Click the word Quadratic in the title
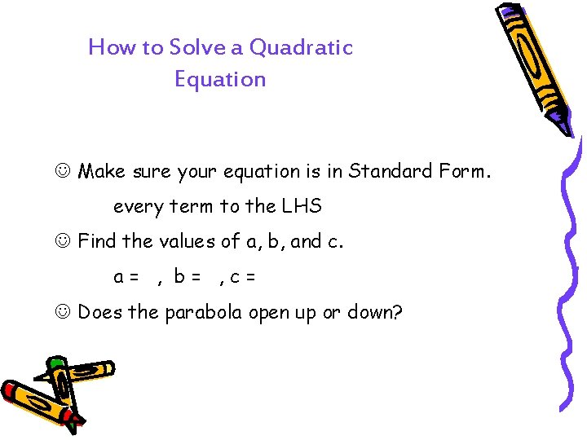tap(301, 47)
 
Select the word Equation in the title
tap(220, 79)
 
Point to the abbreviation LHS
tap(302, 207)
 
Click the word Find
tap(97, 241)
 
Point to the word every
tap(139, 207)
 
